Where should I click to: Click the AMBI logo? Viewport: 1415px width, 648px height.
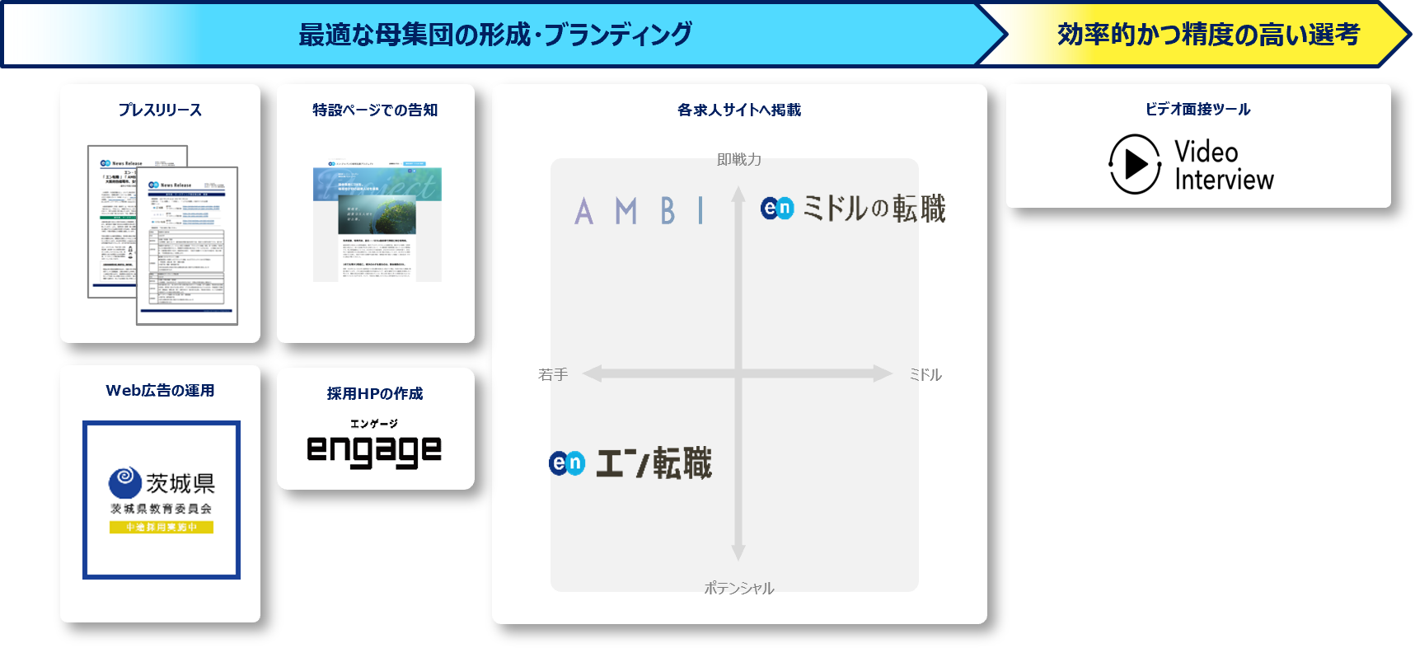(640, 211)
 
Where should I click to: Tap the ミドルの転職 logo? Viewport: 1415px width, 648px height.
(853, 209)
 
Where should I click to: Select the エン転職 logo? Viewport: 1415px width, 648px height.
(630, 463)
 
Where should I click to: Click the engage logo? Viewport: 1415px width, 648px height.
(374, 450)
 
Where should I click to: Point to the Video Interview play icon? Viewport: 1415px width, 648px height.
(1135, 164)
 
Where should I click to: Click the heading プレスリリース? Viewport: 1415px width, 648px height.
(160, 110)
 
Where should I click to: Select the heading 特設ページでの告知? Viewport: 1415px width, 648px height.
(375, 110)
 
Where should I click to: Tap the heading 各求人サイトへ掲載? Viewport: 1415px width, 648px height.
(739, 110)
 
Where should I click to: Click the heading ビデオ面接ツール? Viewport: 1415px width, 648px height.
(1197, 109)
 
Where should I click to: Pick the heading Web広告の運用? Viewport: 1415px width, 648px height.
(160, 391)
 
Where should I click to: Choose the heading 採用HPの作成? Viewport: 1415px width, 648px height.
(375, 393)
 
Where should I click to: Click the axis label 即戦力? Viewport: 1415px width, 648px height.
(739, 159)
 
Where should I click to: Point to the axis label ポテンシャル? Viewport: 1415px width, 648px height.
(739, 588)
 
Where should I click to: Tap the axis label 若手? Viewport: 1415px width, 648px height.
(553, 374)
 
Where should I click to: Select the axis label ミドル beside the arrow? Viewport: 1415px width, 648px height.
(925, 374)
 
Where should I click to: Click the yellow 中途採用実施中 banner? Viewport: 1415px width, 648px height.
(162, 527)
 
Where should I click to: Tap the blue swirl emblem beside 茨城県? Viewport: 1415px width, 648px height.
(124, 481)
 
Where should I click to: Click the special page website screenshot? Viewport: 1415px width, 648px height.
(377, 223)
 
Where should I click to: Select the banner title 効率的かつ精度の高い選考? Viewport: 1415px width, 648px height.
(1208, 35)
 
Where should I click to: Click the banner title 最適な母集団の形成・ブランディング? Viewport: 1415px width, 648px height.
(495, 35)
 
